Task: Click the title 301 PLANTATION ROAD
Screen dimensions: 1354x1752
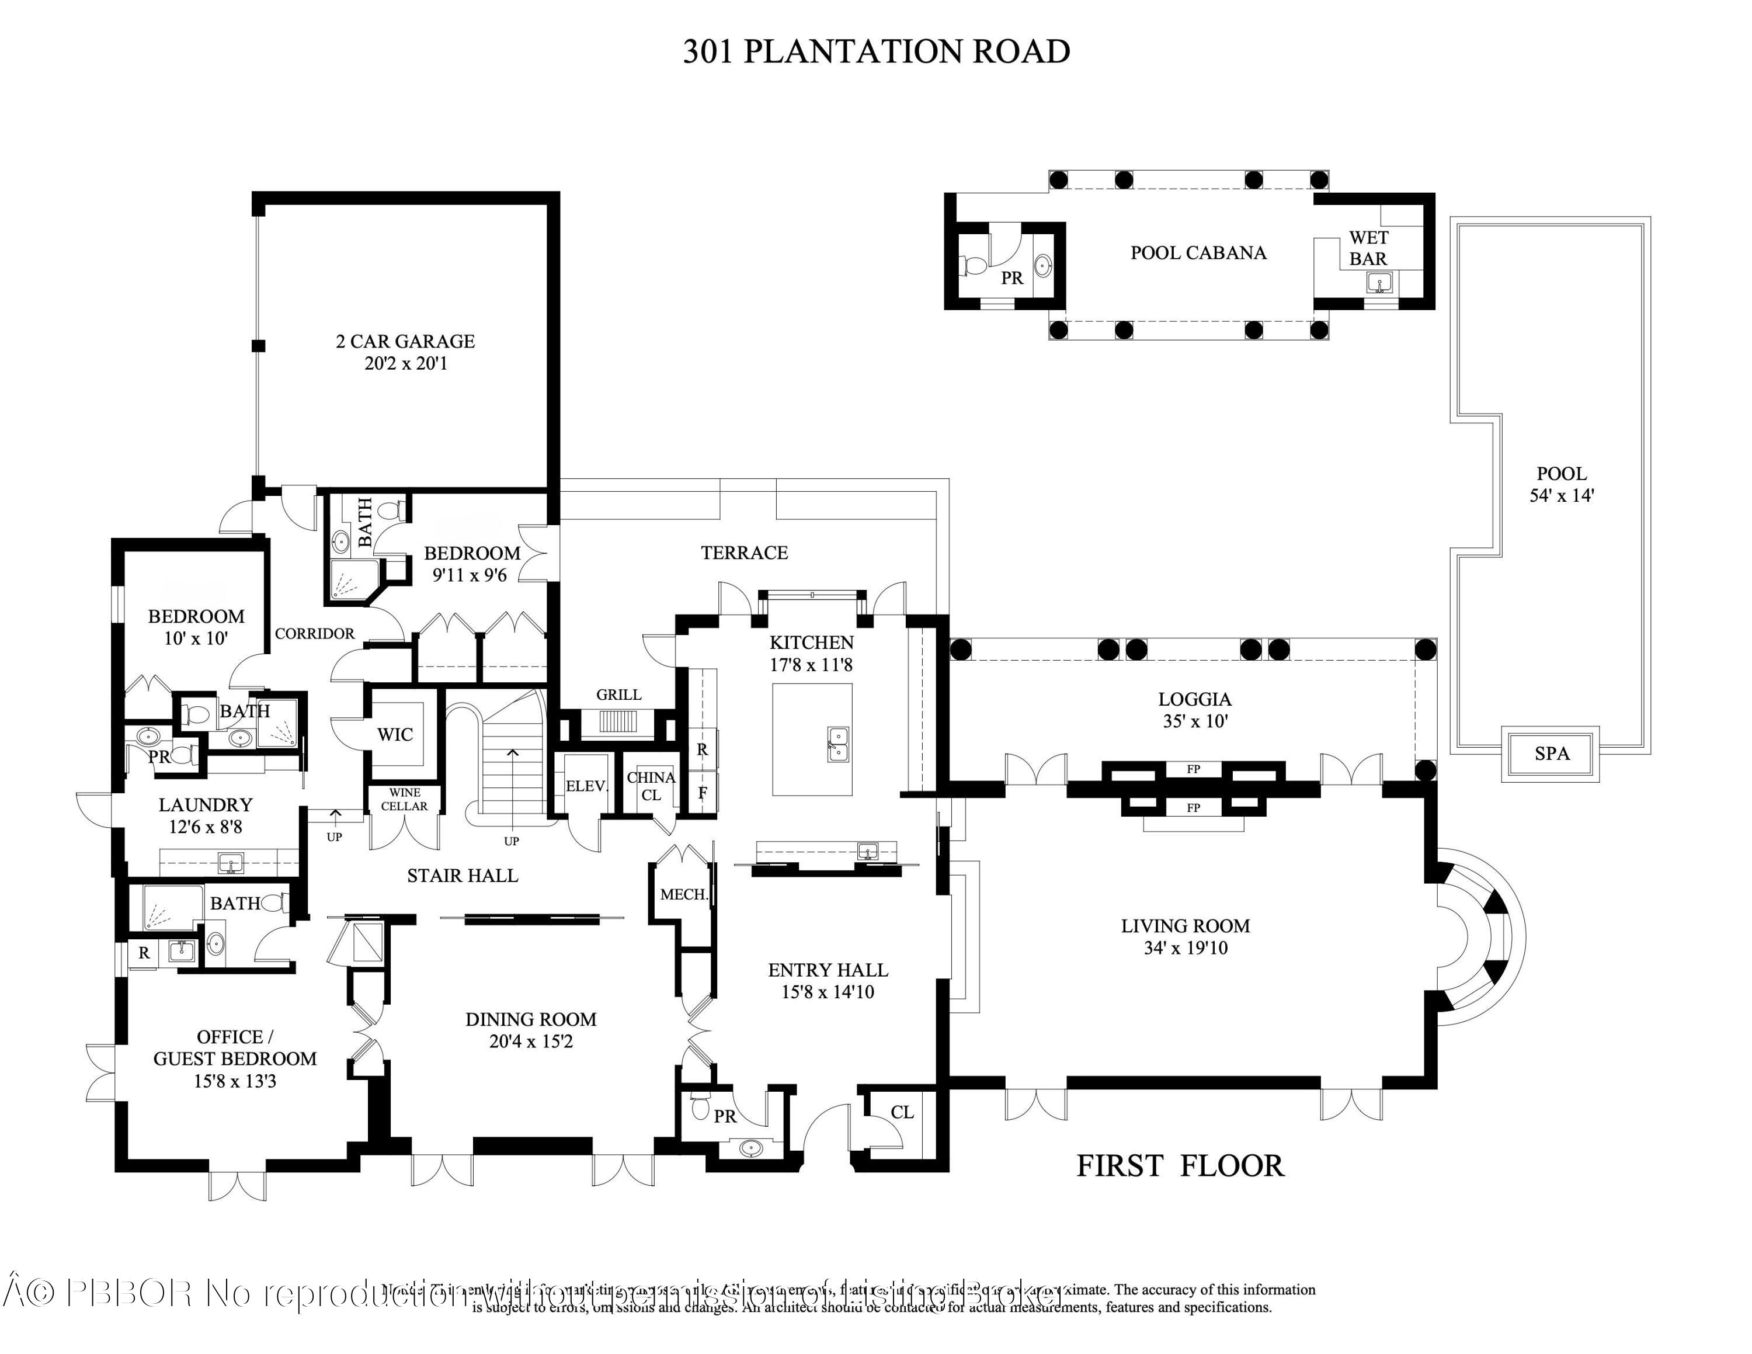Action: pos(876,51)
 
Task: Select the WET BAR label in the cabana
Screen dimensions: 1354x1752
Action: pos(1368,248)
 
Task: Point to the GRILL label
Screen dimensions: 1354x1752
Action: pos(618,695)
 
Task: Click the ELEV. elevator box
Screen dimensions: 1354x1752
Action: pos(586,786)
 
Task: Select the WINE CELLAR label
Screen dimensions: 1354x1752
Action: pos(404,800)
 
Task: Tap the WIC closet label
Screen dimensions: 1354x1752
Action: pos(395,734)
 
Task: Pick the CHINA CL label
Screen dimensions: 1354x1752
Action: pos(651,786)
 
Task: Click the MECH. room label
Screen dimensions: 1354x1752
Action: pos(683,894)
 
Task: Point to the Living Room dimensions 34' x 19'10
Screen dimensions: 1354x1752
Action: pos(1186,948)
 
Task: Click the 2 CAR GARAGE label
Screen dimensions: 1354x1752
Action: pos(405,341)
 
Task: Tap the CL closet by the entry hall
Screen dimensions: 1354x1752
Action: pos(902,1113)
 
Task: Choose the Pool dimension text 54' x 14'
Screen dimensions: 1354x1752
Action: pos(1561,496)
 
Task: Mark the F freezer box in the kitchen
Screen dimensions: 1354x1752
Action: pos(703,793)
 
